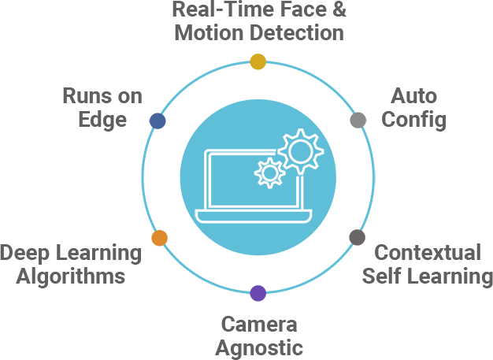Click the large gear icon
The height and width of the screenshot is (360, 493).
300,150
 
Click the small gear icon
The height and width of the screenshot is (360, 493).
269,172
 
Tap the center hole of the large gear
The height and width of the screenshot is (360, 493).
300,150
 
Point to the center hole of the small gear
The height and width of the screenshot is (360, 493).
269,172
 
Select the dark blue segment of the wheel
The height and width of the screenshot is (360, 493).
173,118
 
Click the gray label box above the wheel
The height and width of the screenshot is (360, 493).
259,20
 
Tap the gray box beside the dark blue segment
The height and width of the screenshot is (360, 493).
102,109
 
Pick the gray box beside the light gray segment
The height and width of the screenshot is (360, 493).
413,109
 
